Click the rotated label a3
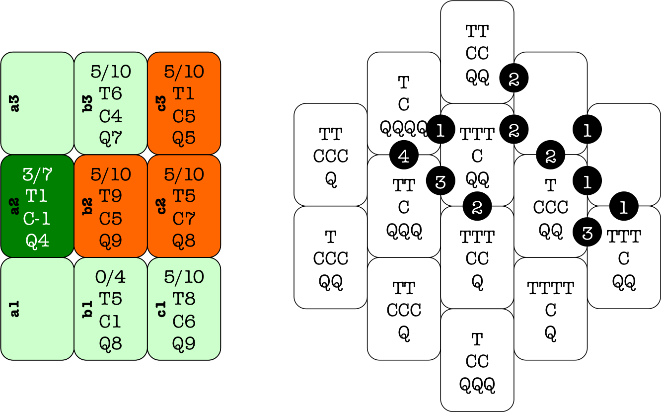tap(15, 103)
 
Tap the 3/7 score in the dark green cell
tap(37, 174)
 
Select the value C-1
tap(37, 219)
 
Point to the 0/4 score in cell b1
tap(110, 277)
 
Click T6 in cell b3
tap(110, 94)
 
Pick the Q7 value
tap(110, 138)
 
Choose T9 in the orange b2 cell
tap(110, 196)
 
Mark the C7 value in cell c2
tap(184, 219)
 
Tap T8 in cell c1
tap(184, 299)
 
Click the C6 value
tap(184, 322)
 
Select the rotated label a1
tap(15, 309)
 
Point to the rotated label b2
tap(89, 206)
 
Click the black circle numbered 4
tap(404, 156)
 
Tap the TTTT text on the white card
tap(550, 288)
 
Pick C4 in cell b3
tap(110, 116)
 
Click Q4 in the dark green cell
tap(37, 241)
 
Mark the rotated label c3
tap(162, 103)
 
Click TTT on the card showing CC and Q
tap(477, 237)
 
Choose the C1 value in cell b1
tap(110, 322)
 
